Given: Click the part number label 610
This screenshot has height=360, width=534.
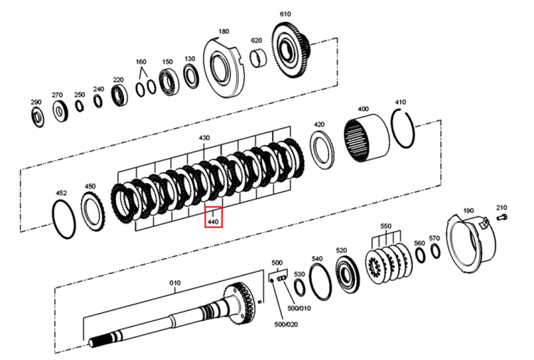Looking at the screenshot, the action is [x=285, y=14].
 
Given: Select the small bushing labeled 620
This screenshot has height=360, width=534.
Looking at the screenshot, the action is [x=258, y=58].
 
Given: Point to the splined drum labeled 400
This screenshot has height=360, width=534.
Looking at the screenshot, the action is [x=366, y=138].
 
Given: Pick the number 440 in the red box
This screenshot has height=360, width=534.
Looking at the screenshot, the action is [x=213, y=222].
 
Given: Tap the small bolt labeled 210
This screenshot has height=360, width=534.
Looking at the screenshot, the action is [x=502, y=217].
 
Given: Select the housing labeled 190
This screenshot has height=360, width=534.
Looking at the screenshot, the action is [x=471, y=243].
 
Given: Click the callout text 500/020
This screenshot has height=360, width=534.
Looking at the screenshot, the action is [x=286, y=324].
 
